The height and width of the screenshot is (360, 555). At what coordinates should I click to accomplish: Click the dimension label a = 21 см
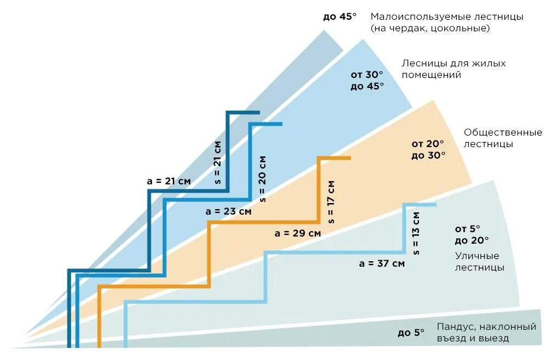(168, 181)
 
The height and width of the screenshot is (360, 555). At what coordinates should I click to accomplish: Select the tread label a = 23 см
(228, 211)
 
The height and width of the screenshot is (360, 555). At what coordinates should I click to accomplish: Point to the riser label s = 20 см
(263, 178)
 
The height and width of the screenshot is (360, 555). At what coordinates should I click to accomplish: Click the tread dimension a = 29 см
(298, 233)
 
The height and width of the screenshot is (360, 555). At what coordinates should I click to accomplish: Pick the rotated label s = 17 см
(331, 201)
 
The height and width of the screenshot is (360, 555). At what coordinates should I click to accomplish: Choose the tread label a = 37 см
(382, 263)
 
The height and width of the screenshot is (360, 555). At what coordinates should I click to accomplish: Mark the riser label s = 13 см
(416, 233)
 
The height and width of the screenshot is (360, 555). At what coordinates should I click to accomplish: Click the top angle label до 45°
(339, 16)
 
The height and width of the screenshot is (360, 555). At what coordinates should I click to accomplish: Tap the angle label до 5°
(411, 332)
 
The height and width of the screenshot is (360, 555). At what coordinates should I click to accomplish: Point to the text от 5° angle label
(467, 228)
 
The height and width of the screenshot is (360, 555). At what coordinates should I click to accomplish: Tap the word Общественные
(503, 132)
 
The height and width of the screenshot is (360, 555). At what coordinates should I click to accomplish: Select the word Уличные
(477, 256)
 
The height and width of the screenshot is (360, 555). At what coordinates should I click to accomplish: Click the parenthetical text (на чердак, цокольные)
(430, 29)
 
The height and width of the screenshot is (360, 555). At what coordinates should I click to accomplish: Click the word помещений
(431, 75)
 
